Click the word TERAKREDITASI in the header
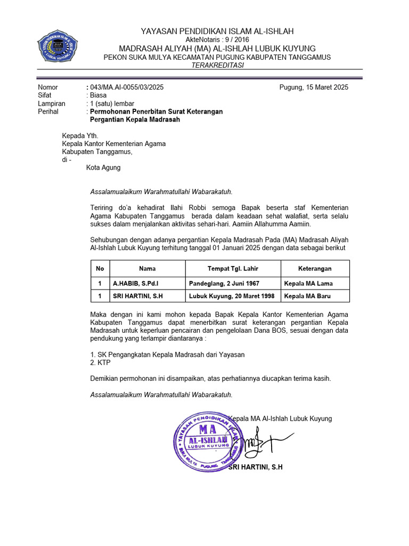click(x=217, y=65)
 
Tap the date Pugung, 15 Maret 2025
click(x=314, y=87)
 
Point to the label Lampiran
click(x=51, y=103)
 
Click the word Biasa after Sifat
click(x=99, y=95)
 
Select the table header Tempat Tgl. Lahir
click(x=233, y=269)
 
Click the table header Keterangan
click(x=315, y=269)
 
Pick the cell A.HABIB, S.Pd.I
click(x=136, y=283)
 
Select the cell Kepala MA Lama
click(x=309, y=283)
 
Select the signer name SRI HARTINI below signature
click(x=255, y=467)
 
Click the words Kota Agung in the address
click(x=103, y=167)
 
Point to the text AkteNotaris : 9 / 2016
click(x=217, y=40)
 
